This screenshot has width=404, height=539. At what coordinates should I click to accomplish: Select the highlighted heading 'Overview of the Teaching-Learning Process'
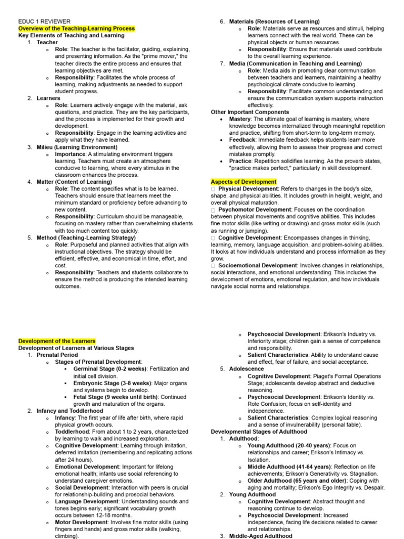pyautogui.click(x=77, y=28)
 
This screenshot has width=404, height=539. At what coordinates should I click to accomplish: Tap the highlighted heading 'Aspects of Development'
pyautogui.click(x=244, y=182)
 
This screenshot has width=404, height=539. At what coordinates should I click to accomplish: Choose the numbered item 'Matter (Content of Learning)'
pyautogui.click(x=74, y=182)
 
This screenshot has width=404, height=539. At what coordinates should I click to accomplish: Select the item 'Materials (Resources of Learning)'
pyautogui.click(x=274, y=22)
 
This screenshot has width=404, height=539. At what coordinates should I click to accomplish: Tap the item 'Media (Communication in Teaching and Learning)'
pyautogui.click(x=295, y=63)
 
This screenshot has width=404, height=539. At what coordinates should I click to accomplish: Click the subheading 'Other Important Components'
pyautogui.click(x=250, y=112)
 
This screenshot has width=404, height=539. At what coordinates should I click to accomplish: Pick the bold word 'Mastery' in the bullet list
pyautogui.click(x=239, y=119)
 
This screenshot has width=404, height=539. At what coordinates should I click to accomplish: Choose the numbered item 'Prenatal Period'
pyautogui.click(x=57, y=355)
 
